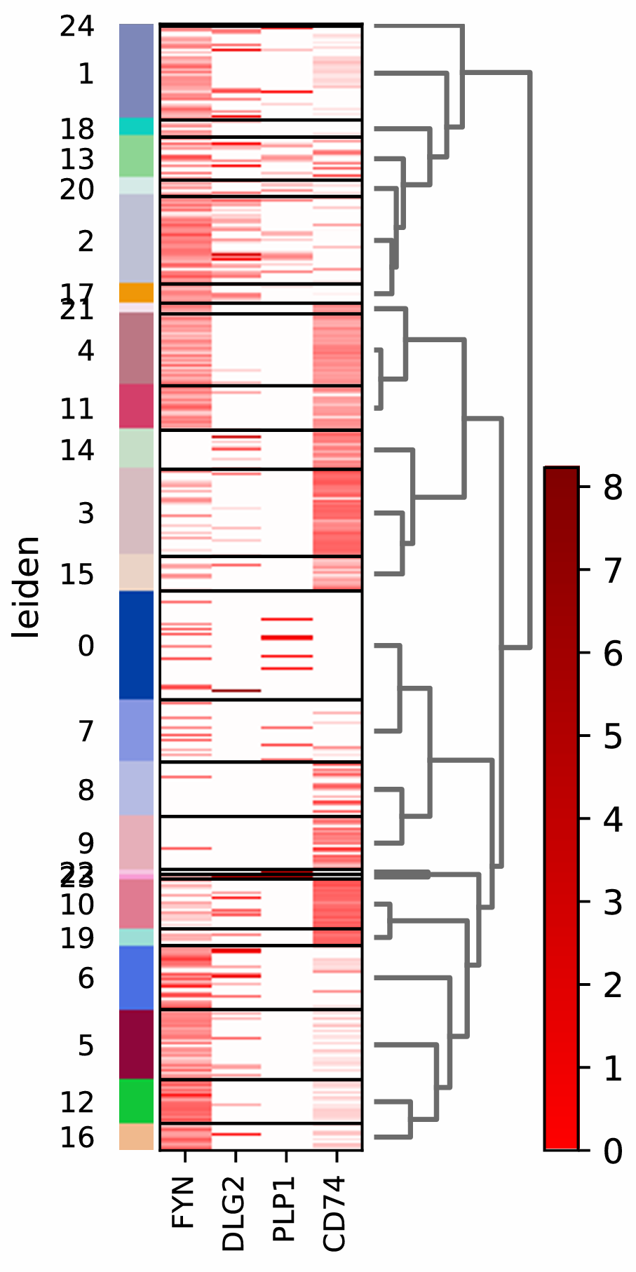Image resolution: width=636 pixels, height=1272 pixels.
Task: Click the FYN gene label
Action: pyautogui.click(x=184, y=1203)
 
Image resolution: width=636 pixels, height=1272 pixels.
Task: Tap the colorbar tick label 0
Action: pyautogui.click(x=612, y=1151)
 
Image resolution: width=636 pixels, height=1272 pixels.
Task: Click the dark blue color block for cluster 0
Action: pyautogui.click(x=136, y=645)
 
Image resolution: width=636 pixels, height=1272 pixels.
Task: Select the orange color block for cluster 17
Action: pyautogui.click(x=136, y=292)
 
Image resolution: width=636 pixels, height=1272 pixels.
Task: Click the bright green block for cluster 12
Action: pyautogui.click(x=136, y=1101)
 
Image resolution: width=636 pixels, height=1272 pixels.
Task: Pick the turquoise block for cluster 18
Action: pyautogui.click(x=136, y=126)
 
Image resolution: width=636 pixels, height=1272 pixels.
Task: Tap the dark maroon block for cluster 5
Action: pyautogui.click(x=136, y=1044)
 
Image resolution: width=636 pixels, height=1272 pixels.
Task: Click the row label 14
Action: pyautogui.click(x=77, y=449)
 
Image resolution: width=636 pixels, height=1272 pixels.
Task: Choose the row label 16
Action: pyautogui.click(x=77, y=1137)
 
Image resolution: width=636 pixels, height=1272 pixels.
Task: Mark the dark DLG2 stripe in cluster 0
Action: pyautogui.click(x=236, y=691)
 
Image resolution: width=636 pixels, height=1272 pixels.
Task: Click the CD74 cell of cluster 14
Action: pyautogui.click(x=337, y=449)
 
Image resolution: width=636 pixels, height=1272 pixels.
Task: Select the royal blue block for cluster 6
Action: pyautogui.click(x=136, y=977)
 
